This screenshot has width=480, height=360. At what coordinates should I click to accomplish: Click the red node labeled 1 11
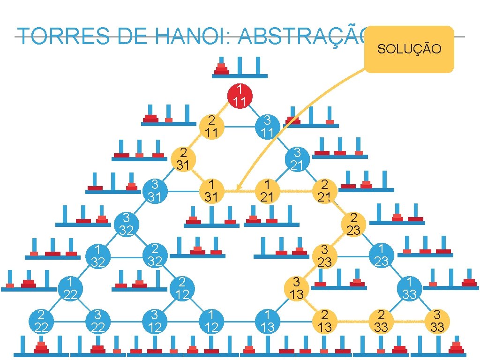(x=240, y=96)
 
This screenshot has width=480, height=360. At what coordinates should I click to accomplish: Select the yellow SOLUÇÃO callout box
(x=409, y=49)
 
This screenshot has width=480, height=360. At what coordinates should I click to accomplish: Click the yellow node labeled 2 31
(x=183, y=159)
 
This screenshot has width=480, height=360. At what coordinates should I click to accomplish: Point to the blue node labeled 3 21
(x=297, y=159)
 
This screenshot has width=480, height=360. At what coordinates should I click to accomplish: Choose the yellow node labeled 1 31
(x=211, y=191)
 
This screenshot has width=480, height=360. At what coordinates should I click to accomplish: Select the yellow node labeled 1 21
(x=267, y=191)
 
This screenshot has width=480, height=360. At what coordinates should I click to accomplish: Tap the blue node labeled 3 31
(x=155, y=191)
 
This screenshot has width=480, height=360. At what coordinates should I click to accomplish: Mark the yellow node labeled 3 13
(x=297, y=288)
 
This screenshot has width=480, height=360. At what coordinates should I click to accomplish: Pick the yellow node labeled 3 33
(x=437, y=321)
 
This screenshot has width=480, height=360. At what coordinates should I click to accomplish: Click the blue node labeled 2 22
(x=42, y=321)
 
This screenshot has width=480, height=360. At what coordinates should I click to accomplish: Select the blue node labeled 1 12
(x=211, y=321)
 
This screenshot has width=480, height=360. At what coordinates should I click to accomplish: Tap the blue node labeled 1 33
(x=410, y=288)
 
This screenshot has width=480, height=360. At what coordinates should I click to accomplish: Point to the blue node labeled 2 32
(x=155, y=255)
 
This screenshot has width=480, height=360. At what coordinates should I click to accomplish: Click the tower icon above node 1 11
(x=240, y=67)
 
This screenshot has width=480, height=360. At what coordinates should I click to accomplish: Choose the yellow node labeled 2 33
(x=381, y=321)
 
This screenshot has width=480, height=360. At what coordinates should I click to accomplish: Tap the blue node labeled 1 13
(x=267, y=321)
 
